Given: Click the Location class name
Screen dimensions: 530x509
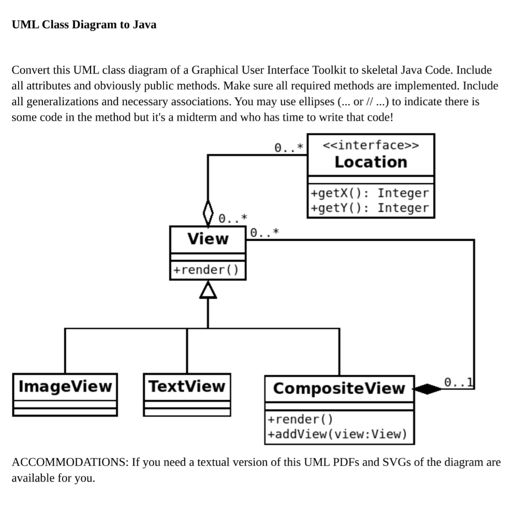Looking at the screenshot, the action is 371,162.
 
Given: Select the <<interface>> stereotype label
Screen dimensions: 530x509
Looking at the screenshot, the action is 371,145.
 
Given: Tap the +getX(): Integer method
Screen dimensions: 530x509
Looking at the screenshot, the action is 370,193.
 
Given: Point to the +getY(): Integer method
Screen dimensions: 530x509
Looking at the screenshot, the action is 370,208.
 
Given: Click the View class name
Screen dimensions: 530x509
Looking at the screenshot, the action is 208,239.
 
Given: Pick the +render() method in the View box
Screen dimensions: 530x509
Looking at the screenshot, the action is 206,270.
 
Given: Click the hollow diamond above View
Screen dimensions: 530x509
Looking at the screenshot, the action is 208,213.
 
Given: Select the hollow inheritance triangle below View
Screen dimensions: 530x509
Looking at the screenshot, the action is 208,290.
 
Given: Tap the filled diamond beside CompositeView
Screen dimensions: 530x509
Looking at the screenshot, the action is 428,389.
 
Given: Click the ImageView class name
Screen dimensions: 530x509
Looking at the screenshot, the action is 65,386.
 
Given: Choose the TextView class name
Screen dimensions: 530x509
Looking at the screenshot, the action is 187,386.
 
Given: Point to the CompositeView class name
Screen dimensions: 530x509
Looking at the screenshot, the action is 339,388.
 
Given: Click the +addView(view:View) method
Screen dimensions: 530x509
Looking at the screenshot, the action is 337,434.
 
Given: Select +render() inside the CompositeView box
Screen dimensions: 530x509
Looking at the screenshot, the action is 300,419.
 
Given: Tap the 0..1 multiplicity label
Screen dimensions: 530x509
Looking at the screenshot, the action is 459,382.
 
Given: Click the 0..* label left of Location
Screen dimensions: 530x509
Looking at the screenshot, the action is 289,148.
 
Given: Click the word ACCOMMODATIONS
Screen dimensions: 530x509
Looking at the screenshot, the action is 70,462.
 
